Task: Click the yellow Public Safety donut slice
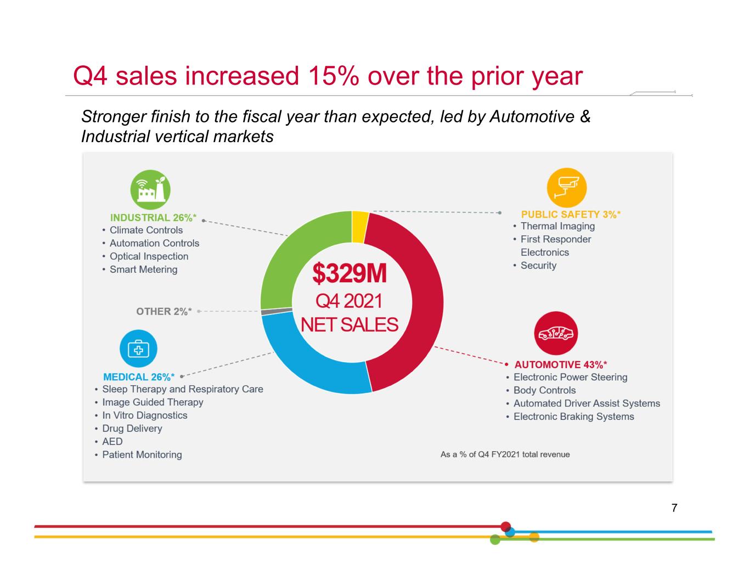pyautogui.click(x=360, y=227)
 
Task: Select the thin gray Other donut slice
pyautogui.click(x=277, y=312)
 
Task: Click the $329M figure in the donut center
pyautogui.click(x=350, y=273)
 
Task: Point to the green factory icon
pyautogui.click(x=150, y=189)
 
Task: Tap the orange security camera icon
pyautogui.click(x=567, y=188)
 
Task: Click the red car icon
pyautogui.click(x=556, y=333)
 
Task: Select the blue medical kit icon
pyautogui.click(x=139, y=348)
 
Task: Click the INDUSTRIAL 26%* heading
pyautogui.click(x=153, y=218)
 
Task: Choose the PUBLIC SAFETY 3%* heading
pyautogui.click(x=571, y=215)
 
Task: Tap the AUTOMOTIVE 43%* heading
pyautogui.click(x=560, y=364)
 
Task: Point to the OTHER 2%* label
pyautogui.click(x=164, y=312)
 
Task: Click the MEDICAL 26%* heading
pyautogui.click(x=139, y=377)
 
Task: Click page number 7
pyautogui.click(x=674, y=508)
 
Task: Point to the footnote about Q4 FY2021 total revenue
pyautogui.click(x=505, y=454)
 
